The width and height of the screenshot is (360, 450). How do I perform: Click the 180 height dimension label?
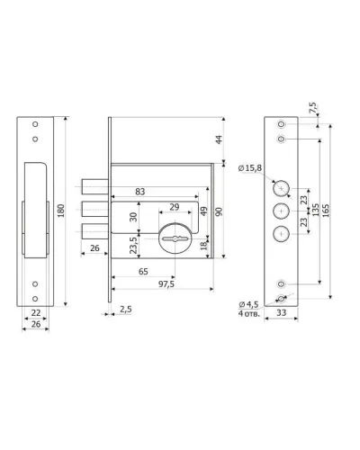[x=61, y=211]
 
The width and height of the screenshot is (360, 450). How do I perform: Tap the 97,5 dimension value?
[x=166, y=283]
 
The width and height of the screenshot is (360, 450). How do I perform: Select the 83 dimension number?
[x=140, y=192]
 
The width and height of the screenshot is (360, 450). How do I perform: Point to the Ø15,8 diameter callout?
[x=250, y=168]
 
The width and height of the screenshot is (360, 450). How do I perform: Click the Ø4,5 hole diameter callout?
[x=248, y=304]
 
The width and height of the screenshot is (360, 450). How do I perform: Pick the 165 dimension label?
[x=326, y=211]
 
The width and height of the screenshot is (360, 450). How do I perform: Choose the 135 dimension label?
[x=316, y=210]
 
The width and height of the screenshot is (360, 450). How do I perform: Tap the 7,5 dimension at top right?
[x=312, y=108]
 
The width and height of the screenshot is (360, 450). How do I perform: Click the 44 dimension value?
[x=219, y=139]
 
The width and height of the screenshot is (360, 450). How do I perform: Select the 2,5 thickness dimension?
[x=126, y=309]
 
